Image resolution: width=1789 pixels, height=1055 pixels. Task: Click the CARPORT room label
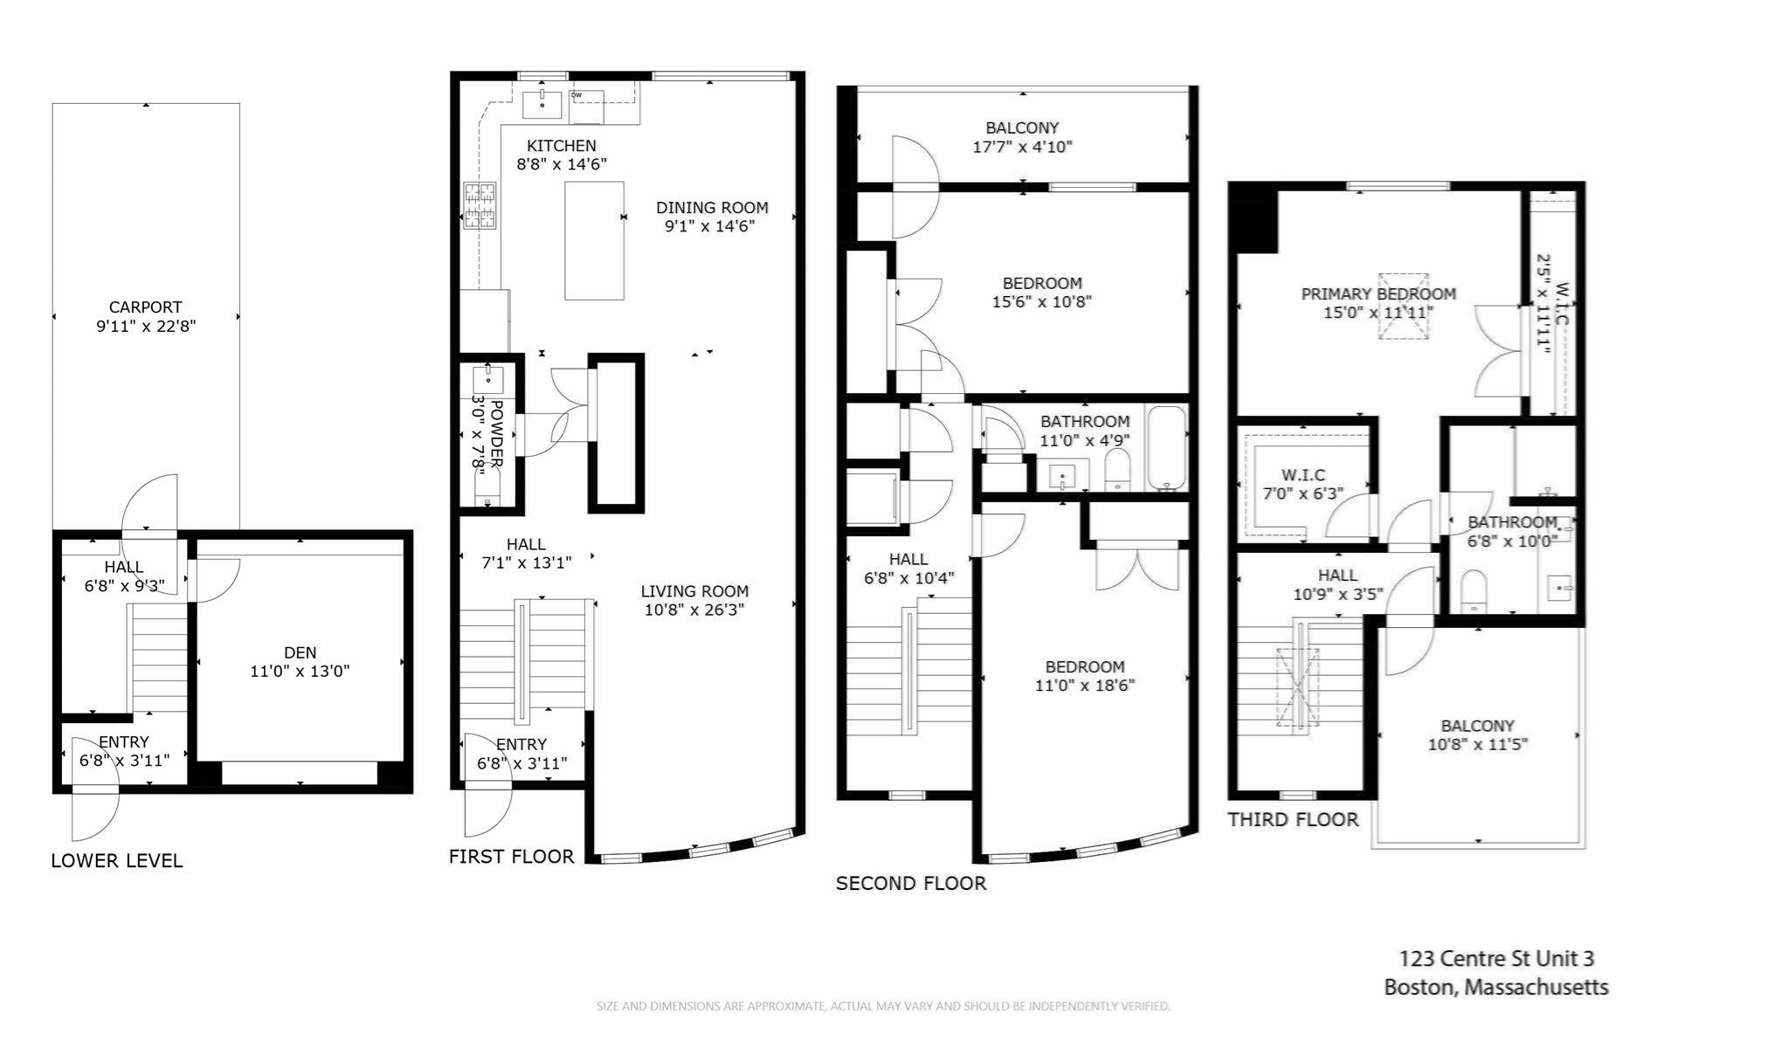[145, 307]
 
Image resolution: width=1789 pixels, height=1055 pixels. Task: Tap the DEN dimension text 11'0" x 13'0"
[300, 672]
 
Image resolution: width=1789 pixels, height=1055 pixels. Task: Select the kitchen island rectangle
[594, 240]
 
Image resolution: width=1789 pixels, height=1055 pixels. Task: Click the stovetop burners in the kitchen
[479, 205]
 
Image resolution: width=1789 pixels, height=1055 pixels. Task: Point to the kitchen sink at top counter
[542, 104]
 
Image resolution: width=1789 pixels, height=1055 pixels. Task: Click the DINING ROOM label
[712, 208]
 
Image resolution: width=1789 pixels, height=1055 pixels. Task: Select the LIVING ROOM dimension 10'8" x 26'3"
[694, 610]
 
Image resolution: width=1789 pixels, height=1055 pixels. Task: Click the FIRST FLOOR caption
[511, 857]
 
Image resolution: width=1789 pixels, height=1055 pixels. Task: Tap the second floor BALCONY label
[1022, 128]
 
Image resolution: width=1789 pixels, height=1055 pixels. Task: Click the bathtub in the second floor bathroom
[1166, 447]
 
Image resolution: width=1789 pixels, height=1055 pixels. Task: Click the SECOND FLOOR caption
[910, 883]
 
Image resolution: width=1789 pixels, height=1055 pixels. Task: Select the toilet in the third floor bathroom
[1473, 590]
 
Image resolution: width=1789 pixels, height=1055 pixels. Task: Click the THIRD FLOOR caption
[1293, 820]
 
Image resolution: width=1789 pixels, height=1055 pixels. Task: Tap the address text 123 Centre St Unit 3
[1496, 959]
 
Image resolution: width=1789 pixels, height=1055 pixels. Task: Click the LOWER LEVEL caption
[116, 861]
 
